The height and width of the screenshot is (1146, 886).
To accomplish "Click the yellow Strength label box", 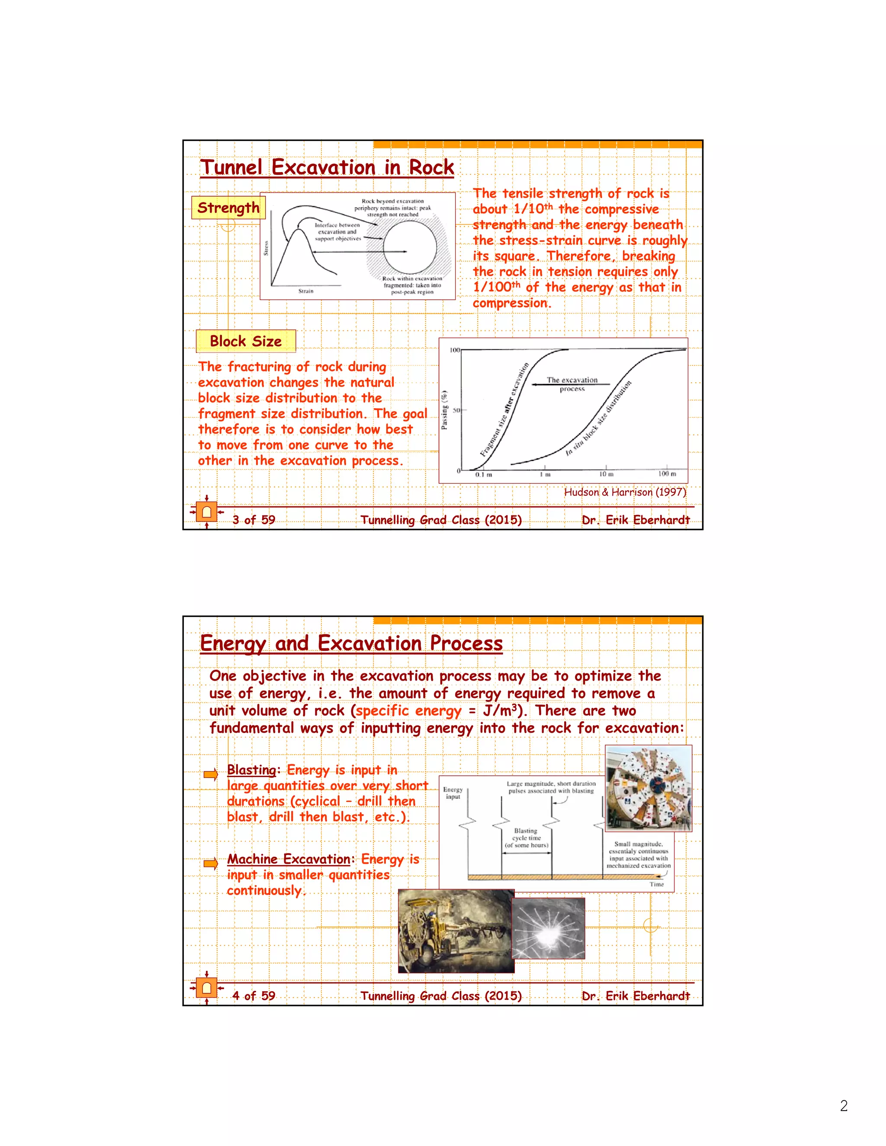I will (x=228, y=208).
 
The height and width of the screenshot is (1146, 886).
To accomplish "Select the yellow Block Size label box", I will (x=246, y=341).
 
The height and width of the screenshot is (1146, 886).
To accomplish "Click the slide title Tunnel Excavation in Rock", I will (x=327, y=167).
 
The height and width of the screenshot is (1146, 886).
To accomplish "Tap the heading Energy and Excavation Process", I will (x=351, y=643).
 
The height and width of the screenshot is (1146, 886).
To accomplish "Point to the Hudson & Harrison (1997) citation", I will (x=625, y=492).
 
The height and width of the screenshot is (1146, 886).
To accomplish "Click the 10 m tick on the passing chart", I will (x=606, y=474).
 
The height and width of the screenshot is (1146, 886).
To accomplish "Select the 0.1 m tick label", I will (x=483, y=474).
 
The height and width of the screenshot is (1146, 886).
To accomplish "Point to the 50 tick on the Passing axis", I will (x=456, y=410).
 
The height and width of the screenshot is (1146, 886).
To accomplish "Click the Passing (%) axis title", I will (x=445, y=410).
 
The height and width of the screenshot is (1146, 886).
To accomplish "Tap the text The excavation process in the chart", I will (x=571, y=384).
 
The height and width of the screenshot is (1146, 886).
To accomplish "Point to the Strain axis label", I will (x=306, y=291).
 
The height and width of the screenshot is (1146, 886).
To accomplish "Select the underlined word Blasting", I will (x=251, y=770).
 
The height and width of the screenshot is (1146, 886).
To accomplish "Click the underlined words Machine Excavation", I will (x=289, y=859).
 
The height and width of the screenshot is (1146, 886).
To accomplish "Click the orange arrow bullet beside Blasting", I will (x=211, y=774).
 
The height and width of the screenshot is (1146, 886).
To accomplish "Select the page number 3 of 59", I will (x=254, y=520).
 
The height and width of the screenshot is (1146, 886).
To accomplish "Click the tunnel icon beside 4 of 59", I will (x=206, y=988).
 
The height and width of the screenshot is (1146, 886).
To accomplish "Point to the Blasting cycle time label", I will (x=526, y=838).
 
